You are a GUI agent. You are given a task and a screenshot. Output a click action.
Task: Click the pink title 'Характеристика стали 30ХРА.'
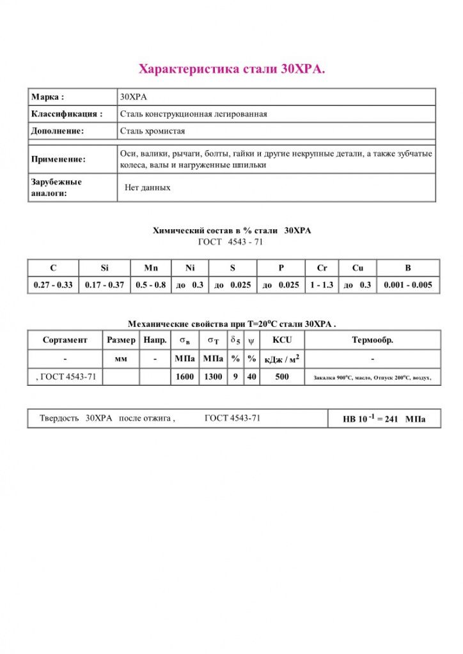click(231, 69)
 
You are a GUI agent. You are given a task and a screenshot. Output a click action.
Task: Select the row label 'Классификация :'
click(67, 114)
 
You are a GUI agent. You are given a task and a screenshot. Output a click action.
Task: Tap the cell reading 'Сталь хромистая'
click(152, 131)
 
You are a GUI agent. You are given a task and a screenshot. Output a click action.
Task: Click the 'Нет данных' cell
click(148, 188)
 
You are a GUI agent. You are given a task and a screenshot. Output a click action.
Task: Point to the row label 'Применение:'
click(58, 159)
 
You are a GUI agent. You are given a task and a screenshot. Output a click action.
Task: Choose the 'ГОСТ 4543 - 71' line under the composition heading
click(231, 242)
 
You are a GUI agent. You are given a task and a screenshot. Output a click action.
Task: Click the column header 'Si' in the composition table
click(105, 268)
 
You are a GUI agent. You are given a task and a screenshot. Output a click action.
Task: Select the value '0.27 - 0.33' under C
click(53, 285)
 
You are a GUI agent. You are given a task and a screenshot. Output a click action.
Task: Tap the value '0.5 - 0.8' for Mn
click(151, 285)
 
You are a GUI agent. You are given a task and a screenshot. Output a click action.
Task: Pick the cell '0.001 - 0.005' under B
click(407, 285)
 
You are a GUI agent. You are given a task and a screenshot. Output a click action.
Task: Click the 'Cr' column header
click(322, 268)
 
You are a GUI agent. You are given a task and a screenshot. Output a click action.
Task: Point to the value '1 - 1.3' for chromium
click(322, 285)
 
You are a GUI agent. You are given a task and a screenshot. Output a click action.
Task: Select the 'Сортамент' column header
click(65, 340)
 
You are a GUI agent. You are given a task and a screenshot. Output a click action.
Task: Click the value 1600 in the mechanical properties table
click(185, 377)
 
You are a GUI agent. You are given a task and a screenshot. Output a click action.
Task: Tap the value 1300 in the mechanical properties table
click(213, 377)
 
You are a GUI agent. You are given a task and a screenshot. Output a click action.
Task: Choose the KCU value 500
click(282, 377)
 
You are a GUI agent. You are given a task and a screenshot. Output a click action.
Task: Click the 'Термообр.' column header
click(372, 340)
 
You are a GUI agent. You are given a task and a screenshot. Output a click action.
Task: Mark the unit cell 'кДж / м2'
click(282, 359)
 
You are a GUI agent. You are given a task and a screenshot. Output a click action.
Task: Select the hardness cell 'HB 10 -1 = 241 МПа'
click(384, 419)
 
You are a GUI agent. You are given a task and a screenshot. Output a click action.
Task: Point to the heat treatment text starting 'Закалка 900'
click(372, 377)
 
